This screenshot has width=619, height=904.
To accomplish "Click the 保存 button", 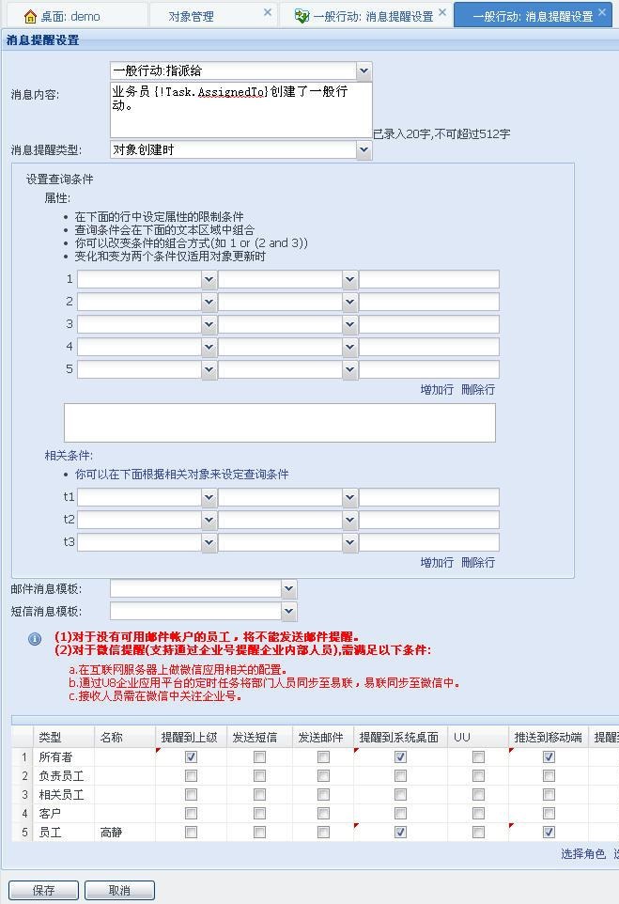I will [43, 890].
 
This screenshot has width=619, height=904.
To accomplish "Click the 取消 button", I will [119, 890].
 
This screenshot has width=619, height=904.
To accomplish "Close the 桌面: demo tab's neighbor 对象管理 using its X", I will [268, 13].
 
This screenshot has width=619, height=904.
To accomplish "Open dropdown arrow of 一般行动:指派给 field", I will [364, 71].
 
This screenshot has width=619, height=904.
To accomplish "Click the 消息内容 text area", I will [240, 110].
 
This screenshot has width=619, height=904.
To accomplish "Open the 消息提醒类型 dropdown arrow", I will [364, 149].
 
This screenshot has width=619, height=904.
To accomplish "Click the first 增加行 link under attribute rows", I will [437, 389].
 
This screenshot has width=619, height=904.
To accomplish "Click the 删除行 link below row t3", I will [478, 562].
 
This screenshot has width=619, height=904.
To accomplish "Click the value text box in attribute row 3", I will [428, 324].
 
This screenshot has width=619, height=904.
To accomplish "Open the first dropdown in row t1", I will [209, 497].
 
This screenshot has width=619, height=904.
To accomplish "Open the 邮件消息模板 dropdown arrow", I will [288, 589].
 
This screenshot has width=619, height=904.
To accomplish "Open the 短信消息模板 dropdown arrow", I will [288, 611].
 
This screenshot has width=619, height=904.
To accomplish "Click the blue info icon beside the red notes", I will [35, 639].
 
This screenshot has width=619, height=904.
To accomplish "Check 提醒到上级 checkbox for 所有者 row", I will [192, 756].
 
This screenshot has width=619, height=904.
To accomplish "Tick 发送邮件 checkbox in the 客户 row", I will [323, 813].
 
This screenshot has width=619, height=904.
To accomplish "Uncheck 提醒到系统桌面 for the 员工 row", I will [401, 832].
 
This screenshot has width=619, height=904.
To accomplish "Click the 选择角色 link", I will [583, 854].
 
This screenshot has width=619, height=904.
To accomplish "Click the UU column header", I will [462, 738].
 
